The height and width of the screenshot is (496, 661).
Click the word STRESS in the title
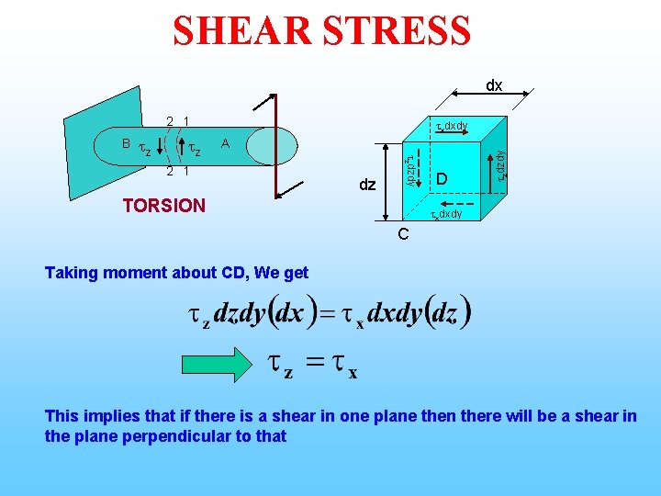pyautogui.click(x=398, y=30)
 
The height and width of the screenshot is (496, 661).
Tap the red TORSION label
pyautogui.click(x=164, y=205)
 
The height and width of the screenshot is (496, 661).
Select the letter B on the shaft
pyautogui.click(x=126, y=143)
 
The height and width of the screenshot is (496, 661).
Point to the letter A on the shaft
pyautogui.click(x=225, y=143)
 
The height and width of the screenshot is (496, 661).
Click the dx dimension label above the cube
pyautogui.click(x=494, y=85)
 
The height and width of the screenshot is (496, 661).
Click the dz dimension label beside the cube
pyautogui.click(x=367, y=185)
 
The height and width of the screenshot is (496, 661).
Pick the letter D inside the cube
pyautogui.click(x=442, y=176)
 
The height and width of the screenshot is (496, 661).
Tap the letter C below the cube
pyautogui.click(x=402, y=235)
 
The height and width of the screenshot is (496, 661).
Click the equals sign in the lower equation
pyautogui.click(x=316, y=365)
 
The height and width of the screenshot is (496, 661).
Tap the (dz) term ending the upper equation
pyautogui.click(x=447, y=312)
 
